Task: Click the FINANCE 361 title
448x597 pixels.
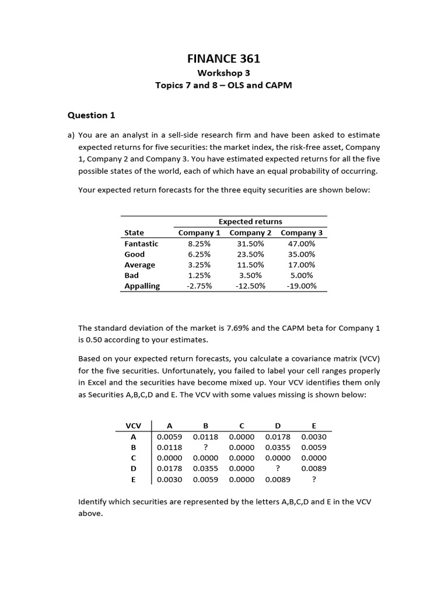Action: (x=223, y=58)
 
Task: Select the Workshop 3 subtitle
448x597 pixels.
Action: (x=223, y=73)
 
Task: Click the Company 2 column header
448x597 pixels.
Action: (x=251, y=233)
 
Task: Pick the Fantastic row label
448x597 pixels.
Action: (x=141, y=244)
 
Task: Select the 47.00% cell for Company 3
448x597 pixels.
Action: (x=302, y=244)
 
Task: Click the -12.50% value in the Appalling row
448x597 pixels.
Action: (x=251, y=286)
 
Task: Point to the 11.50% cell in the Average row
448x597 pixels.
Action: (x=251, y=265)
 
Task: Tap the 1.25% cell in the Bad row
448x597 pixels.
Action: (x=199, y=275)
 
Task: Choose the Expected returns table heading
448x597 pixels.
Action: (x=250, y=222)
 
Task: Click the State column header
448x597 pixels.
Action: (x=134, y=233)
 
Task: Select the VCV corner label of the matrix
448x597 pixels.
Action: (x=133, y=426)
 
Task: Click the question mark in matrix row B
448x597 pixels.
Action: (x=206, y=447)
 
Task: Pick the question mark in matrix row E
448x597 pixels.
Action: (x=314, y=479)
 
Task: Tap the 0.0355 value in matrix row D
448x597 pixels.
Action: (x=206, y=468)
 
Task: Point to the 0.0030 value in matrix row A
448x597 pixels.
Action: (x=314, y=437)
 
